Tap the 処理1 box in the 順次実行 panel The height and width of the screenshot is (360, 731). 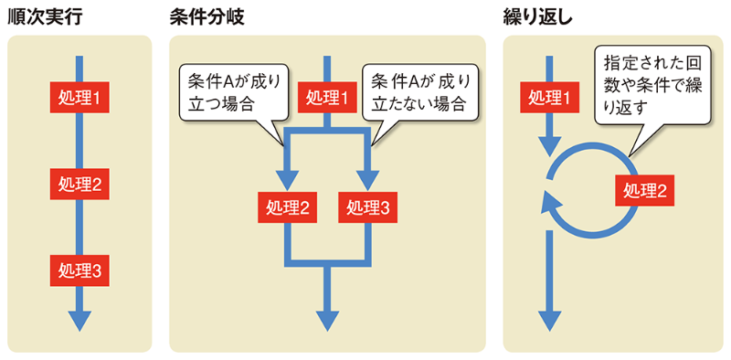tap(79, 96)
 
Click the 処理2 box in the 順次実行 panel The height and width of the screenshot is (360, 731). tap(79, 184)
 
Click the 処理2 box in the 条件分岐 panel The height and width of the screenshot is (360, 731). tap(286, 207)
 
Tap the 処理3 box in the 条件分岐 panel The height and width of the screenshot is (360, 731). tap(368, 207)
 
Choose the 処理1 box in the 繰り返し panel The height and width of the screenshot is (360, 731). tap(549, 96)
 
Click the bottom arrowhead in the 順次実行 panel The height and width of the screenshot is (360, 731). tap(79, 319)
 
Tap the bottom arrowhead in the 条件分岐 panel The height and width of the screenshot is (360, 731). tap(327, 319)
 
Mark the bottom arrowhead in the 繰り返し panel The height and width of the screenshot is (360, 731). tap(549, 319)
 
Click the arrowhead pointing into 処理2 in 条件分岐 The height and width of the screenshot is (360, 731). tap(287, 178)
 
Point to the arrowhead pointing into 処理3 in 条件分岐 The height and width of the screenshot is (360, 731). tap(367, 178)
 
